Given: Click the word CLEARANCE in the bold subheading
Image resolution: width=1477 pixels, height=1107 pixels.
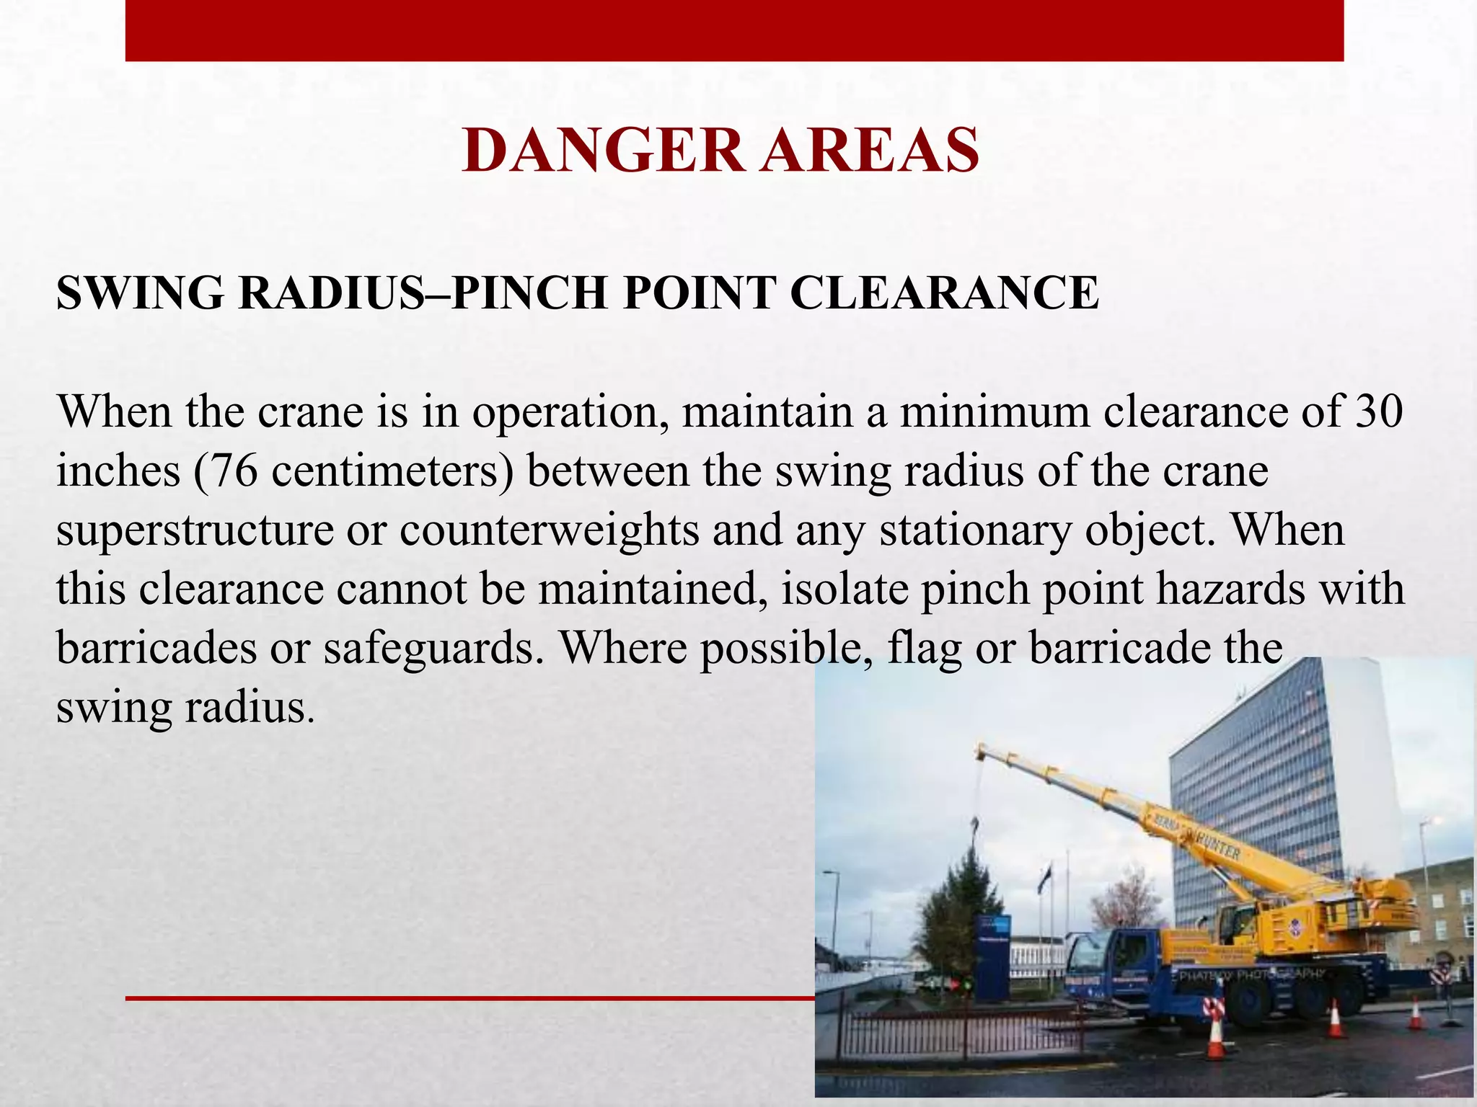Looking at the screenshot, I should (945, 293).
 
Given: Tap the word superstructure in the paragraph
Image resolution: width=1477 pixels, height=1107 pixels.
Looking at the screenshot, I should (195, 531).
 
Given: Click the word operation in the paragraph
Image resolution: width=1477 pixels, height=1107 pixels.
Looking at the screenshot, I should (569, 413).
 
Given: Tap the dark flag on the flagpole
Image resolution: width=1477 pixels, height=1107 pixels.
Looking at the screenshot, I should (1044, 877).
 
